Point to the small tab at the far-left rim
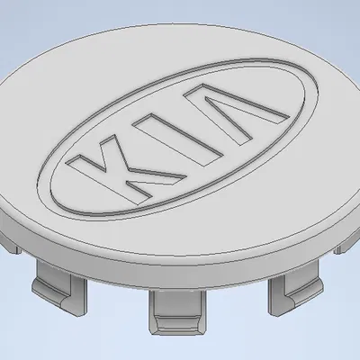pyautogui.click(x=13, y=239)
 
